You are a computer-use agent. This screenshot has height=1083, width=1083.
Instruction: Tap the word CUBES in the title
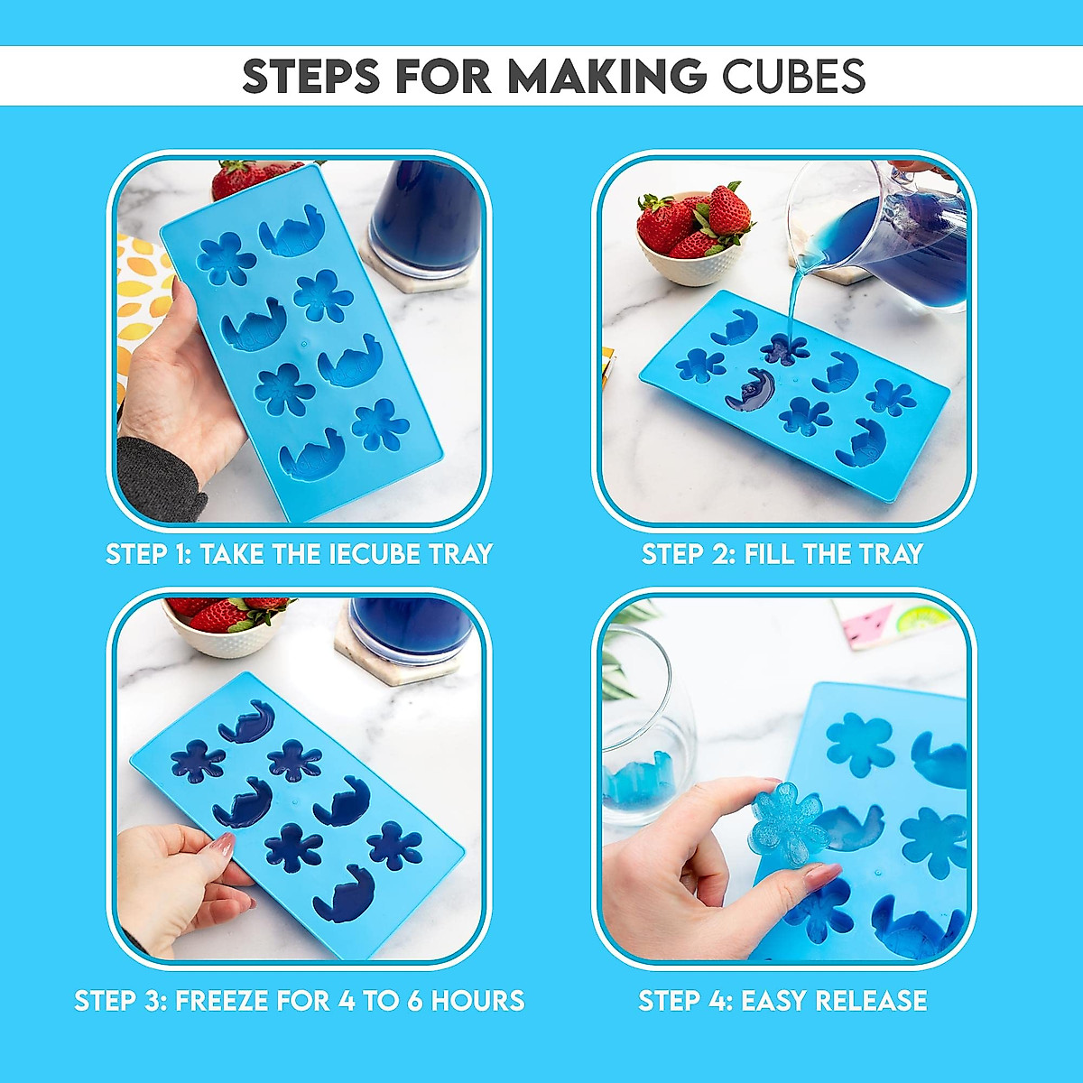793,76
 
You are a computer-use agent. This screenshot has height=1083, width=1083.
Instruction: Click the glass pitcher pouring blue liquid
889,235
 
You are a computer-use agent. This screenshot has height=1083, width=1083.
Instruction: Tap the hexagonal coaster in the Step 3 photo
406,654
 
